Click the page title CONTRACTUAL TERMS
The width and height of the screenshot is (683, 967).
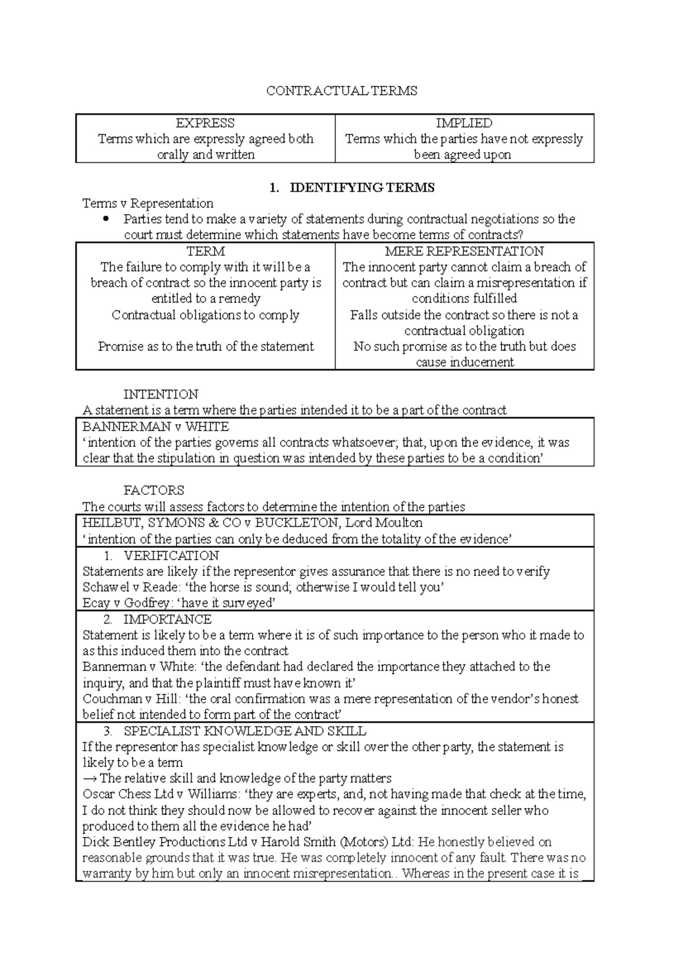click(341, 91)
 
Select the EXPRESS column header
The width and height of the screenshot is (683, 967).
click(205, 123)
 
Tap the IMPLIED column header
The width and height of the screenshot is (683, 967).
click(464, 123)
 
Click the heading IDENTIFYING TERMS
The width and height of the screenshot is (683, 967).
click(362, 187)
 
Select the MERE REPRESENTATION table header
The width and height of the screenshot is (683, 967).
click(464, 251)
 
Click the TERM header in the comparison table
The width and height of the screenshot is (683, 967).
click(205, 251)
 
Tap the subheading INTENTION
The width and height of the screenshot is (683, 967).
click(161, 394)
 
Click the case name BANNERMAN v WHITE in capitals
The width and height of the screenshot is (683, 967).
click(155, 427)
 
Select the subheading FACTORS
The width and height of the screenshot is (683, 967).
click(154, 490)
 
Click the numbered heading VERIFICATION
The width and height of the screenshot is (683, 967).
click(171, 555)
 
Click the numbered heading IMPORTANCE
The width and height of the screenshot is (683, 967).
click(167, 619)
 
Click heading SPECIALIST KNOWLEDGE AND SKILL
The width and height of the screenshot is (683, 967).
click(245, 731)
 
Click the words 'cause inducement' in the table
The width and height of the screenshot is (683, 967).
click(464, 362)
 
